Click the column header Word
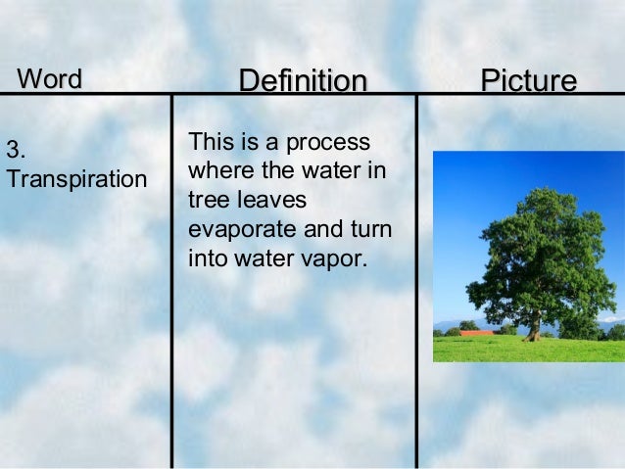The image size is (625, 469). point(49,78)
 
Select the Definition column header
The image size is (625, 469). point(303,81)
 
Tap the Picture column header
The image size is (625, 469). point(528,81)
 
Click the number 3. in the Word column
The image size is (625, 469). point(15,151)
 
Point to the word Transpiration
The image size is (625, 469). point(75,180)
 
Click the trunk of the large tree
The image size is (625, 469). point(536,323)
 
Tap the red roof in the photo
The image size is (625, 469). point(477,333)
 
